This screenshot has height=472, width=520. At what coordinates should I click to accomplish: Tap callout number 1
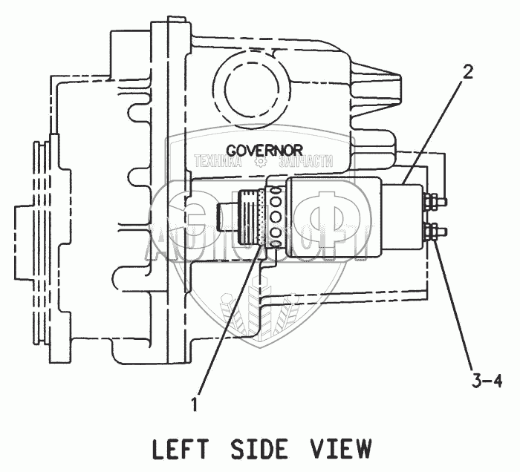click(195, 404)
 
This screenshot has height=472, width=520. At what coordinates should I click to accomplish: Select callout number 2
click(468, 72)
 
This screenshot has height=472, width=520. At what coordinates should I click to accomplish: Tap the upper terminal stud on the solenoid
click(432, 201)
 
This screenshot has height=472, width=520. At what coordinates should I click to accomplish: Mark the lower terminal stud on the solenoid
click(432, 233)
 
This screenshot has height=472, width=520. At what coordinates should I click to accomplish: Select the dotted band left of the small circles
click(260, 217)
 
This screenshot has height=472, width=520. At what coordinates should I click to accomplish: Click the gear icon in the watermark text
click(261, 162)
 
